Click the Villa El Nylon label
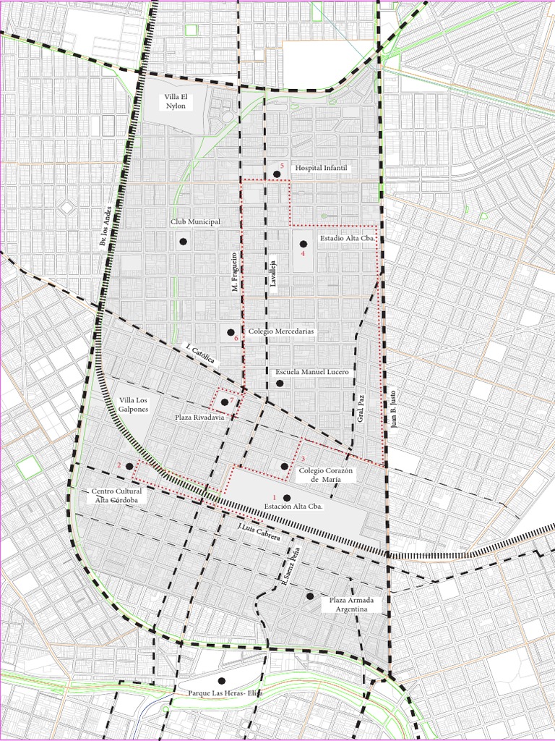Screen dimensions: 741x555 tap(176, 101)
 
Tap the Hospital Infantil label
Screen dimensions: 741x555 tap(321, 168)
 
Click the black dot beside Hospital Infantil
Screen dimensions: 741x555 tap(277, 174)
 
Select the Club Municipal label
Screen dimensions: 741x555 tap(195, 221)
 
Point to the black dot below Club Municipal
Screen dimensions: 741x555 tap(183, 241)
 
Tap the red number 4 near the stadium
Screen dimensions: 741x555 tap(303, 255)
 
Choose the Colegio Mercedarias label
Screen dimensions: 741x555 tap(281, 331)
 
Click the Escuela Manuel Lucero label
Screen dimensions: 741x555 tap(312, 372)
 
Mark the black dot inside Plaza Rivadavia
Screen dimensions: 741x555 tap(225, 402)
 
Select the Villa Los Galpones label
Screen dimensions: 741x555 tap(134, 405)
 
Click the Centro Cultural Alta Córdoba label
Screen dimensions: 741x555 tap(117, 495)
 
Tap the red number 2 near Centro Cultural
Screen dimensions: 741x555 tap(119, 465)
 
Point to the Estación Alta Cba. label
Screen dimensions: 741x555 tap(293, 507)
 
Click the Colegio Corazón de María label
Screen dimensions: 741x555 tap(325, 475)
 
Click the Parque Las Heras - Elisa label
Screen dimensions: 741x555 tap(225, 693)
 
